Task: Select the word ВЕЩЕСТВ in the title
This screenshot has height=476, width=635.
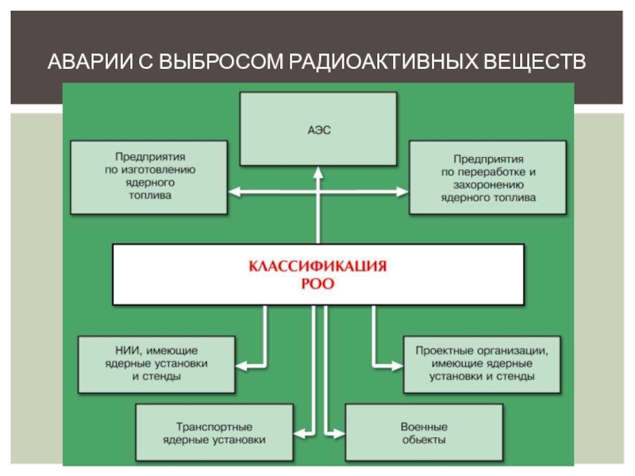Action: pyautogui.click(x=529, y=61)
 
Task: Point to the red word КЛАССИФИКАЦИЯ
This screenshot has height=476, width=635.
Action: pyautogui.click(x=318, y=267)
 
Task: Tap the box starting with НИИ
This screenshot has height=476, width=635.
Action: pyautogui.click(x=156, y=363)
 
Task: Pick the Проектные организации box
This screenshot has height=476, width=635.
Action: pyautogui.click(x=483, y=363)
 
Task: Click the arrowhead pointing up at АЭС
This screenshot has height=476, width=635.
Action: pyautogui.click(x=317, y=171)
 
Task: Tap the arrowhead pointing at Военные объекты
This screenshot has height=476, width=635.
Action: pyautogui.click(x=339, y=432)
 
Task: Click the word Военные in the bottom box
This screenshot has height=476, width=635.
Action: pyautogui.click(x=424, y=425)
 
